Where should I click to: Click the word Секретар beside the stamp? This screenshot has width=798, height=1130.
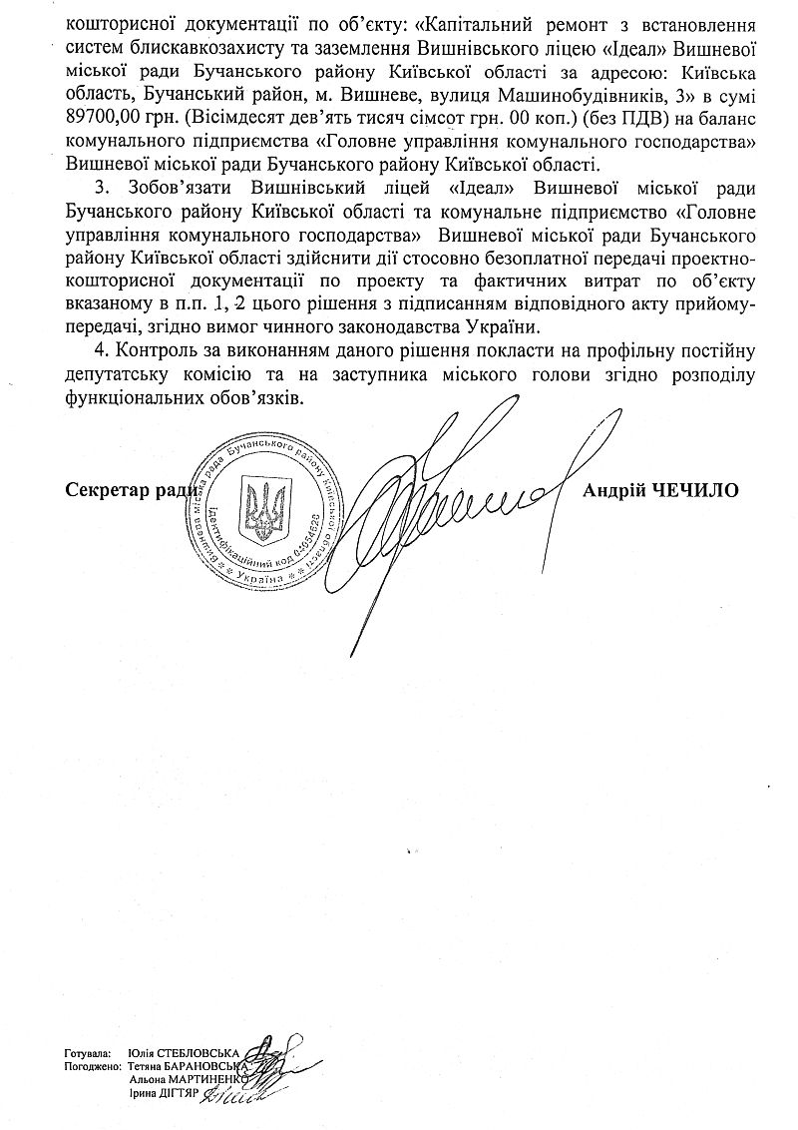(x=107, y=491)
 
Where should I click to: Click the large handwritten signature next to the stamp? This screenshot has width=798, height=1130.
(x=459, y=509)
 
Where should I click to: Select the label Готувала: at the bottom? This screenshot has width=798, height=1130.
(x=85, y=1053)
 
